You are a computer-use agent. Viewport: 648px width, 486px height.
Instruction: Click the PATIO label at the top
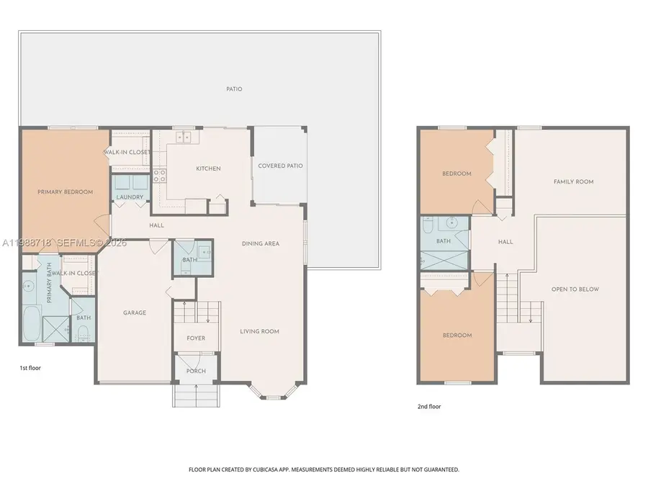pyautogui.click(x=234, y=89)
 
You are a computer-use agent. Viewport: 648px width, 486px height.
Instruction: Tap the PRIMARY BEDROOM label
pyautogui.click(x=66, y=192)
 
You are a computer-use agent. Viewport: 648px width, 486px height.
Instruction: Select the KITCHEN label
pyautogui.click(x=208, y=168)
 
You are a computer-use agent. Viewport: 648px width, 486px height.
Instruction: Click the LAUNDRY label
pyautogui.click(x=130, y=197)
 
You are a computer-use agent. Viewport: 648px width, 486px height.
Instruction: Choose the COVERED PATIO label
pyautogui.click(x=280, y=166)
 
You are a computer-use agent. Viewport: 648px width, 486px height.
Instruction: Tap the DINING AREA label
pyautogui.click(x=260, y=243)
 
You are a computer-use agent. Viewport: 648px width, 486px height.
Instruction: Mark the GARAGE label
pyautogui.click(x=134, y=312)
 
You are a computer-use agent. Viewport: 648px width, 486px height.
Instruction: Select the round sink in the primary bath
pyautogui.click(x=28, y=287)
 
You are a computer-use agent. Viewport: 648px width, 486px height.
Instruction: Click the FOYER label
pyautogui.click(x=196, y=338)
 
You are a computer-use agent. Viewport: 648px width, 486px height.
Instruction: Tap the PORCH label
pyautogui.click(x=196, y=371)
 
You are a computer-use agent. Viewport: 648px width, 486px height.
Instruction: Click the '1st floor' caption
pyautogui.click(x=31, y=367)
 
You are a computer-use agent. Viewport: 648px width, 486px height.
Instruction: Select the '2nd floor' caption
pyautogui.click(x=429, y=406)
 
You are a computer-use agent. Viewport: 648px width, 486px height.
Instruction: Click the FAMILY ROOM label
pyautogui.click(x=573, y=181)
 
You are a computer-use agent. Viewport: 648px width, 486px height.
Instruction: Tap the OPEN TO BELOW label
pyautogui.click(x=575, y=289)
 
